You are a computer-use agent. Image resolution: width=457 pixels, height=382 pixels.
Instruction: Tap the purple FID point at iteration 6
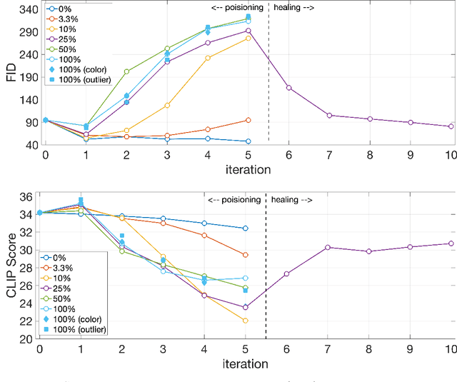point(289,88)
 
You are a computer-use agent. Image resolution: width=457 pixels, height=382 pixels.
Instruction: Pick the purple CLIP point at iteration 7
point(327,247)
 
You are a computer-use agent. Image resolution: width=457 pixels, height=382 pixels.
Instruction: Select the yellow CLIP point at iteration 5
point(245,321)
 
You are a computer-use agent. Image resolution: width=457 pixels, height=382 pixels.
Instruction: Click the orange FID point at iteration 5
point(248,120)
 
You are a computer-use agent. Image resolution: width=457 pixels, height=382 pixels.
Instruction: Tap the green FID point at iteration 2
point(126,71)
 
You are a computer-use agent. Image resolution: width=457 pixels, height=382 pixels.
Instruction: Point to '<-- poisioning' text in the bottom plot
point(233,200)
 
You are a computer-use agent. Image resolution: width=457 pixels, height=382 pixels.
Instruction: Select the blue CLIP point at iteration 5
point(245,228)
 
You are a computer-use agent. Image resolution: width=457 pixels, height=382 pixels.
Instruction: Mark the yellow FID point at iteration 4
point(208,58)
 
